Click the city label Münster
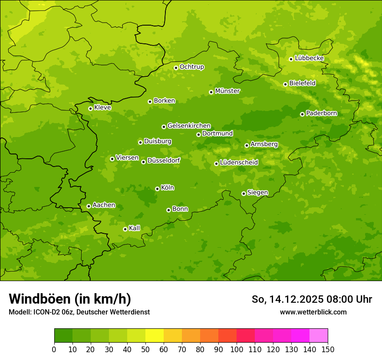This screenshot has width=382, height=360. [x=227, y=91]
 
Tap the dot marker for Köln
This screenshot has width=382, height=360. [x=157, y=189]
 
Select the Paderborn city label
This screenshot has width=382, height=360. [x=321, y=113]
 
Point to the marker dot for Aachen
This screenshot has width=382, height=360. [x=89, y=206]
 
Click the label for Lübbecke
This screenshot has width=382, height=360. [x=309, y=58]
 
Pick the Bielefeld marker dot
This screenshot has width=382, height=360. [x=285, y=84]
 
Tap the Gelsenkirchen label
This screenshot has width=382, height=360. [x=189, y=126]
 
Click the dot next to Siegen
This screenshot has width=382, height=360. [x=244, y=193]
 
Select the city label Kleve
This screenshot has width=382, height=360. [x=102, y=108]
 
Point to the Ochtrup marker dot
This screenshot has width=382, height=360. [x=176, y=68]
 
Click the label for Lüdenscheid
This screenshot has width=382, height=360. [x=239, y=163]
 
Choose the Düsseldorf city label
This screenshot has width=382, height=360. [x=164, y=160]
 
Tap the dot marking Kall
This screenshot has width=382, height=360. [x=125, y=229]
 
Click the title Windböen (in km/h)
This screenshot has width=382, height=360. [x=70, y=299]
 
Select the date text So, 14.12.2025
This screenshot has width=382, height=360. [x=286, y=299]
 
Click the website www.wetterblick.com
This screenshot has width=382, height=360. [x=313, y=312]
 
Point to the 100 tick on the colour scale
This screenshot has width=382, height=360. [x=237, y=349]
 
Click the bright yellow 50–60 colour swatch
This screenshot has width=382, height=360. [x=155, y=336]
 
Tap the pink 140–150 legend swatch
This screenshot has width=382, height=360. [x=319, y=336]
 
